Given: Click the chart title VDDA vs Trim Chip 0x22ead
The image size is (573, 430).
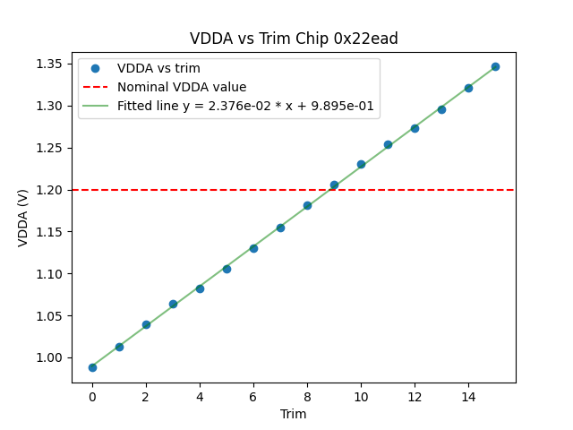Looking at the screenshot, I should pyautogui.click(x=294, y=39).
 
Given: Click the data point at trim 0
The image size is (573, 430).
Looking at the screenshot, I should pyautogui.click(x=92, y=367).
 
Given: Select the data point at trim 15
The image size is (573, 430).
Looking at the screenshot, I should pyautogui.click(x=495, y=66).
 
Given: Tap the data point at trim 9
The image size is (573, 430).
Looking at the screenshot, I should pyautogui.click(x=334, y=185).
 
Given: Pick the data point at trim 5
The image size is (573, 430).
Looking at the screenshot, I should pyautogui.click(x=227, y=269).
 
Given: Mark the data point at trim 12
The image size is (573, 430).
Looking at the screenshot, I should pyautogui.click(x=415, y=128).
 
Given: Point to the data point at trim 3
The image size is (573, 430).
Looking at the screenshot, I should pyautogui.click(x=173, y=304).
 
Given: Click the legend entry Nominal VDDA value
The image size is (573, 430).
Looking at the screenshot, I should pyautogui.click(x=182, y=88).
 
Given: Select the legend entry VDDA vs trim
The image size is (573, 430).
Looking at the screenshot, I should pyautogui.click(x=158, y=69).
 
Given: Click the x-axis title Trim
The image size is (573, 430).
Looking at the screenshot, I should pyautogui.click(x=294, y=414).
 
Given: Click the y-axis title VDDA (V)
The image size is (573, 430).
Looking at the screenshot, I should pyautogui.click(x=24, y=216).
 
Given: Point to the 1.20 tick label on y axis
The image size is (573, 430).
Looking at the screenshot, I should pyautogui.click(x=50, y=190).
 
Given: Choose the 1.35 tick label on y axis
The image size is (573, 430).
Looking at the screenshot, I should pyautogui.click(x=50, y=64).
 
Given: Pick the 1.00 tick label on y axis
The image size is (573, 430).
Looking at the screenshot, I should pyautogui.click(x=50, y=358).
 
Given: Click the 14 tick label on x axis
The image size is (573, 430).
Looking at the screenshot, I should pyautogui.click(x=468, y=396).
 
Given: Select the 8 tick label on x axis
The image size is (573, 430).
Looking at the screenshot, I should pyautogui.click(x=307, y=396).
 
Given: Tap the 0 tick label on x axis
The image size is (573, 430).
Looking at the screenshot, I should pyautogui.click(x=92, y=396).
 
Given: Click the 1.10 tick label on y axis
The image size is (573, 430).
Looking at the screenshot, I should pyautogui.click(x=50, y=274).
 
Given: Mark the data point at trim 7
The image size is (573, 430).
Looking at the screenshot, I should pyautogui.click(x=280, y=228).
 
